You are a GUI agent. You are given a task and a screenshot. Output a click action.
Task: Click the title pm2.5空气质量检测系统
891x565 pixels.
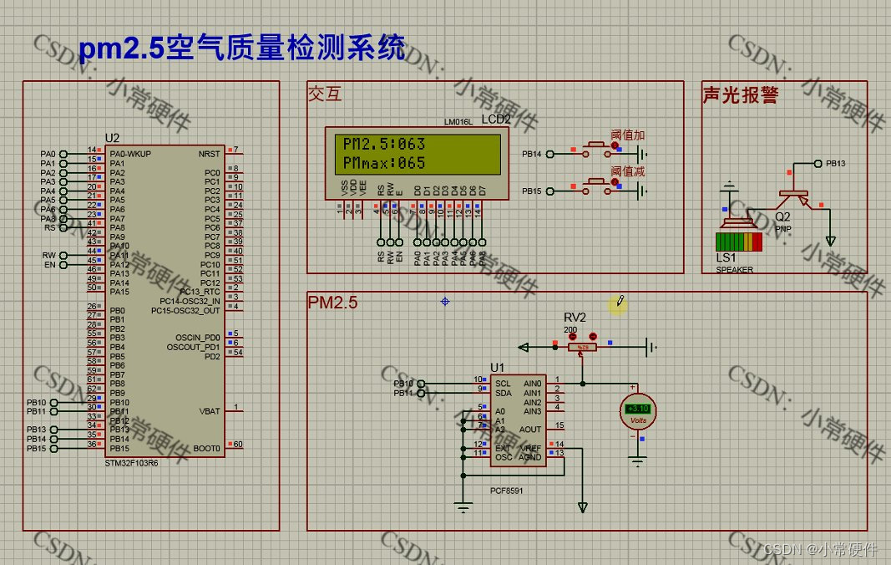coord(242,48)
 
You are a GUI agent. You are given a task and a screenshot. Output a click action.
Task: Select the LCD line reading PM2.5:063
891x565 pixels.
coord(384,144)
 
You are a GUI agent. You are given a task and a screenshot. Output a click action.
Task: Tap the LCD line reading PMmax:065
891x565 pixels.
coord(384,163)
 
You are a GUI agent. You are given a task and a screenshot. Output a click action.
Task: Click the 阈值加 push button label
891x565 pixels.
coord(628,135)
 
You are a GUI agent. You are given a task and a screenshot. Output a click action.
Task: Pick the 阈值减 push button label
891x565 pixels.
coord(628,171)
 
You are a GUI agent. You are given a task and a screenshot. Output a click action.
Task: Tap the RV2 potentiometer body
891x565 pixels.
coord(584,347)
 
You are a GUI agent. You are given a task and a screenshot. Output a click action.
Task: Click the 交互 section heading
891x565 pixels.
coord(325,94)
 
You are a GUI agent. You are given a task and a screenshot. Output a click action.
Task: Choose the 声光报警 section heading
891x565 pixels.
coord(741,95)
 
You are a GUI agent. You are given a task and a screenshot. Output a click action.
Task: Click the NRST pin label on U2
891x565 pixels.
coord(209,154)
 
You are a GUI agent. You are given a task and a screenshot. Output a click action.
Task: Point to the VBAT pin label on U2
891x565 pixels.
coord(210,411)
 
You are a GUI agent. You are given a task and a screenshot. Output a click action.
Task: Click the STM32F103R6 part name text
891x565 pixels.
coord(131,462)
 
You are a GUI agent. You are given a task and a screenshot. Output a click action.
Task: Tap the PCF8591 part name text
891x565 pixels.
coord(507,491)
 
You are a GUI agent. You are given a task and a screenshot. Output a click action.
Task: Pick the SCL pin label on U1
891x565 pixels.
coord(503,384)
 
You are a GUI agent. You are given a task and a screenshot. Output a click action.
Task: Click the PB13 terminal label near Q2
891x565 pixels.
coord(835,164)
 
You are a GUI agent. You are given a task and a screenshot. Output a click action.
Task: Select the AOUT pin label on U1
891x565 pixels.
coord(530,430)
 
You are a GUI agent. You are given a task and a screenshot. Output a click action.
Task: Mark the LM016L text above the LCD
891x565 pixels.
coord(458,122)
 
